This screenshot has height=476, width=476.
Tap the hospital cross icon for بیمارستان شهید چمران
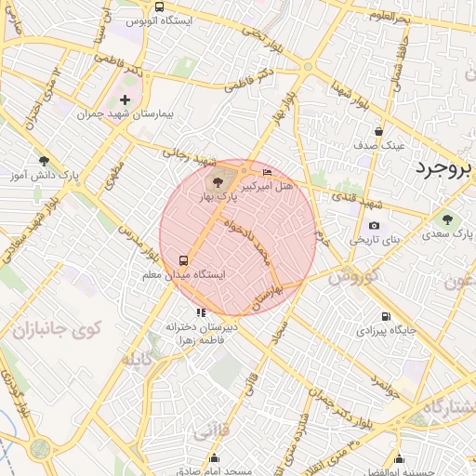126,99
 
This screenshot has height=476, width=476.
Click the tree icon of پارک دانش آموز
43,161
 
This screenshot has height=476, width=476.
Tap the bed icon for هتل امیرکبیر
269,172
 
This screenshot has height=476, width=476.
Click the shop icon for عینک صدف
378,132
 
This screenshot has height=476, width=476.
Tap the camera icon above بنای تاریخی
374,226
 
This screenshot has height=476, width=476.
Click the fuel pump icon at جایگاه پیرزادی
386,316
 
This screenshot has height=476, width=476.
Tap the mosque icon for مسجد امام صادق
215,457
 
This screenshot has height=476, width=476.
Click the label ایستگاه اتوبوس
159,20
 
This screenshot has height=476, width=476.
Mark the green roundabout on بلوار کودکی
39,449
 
